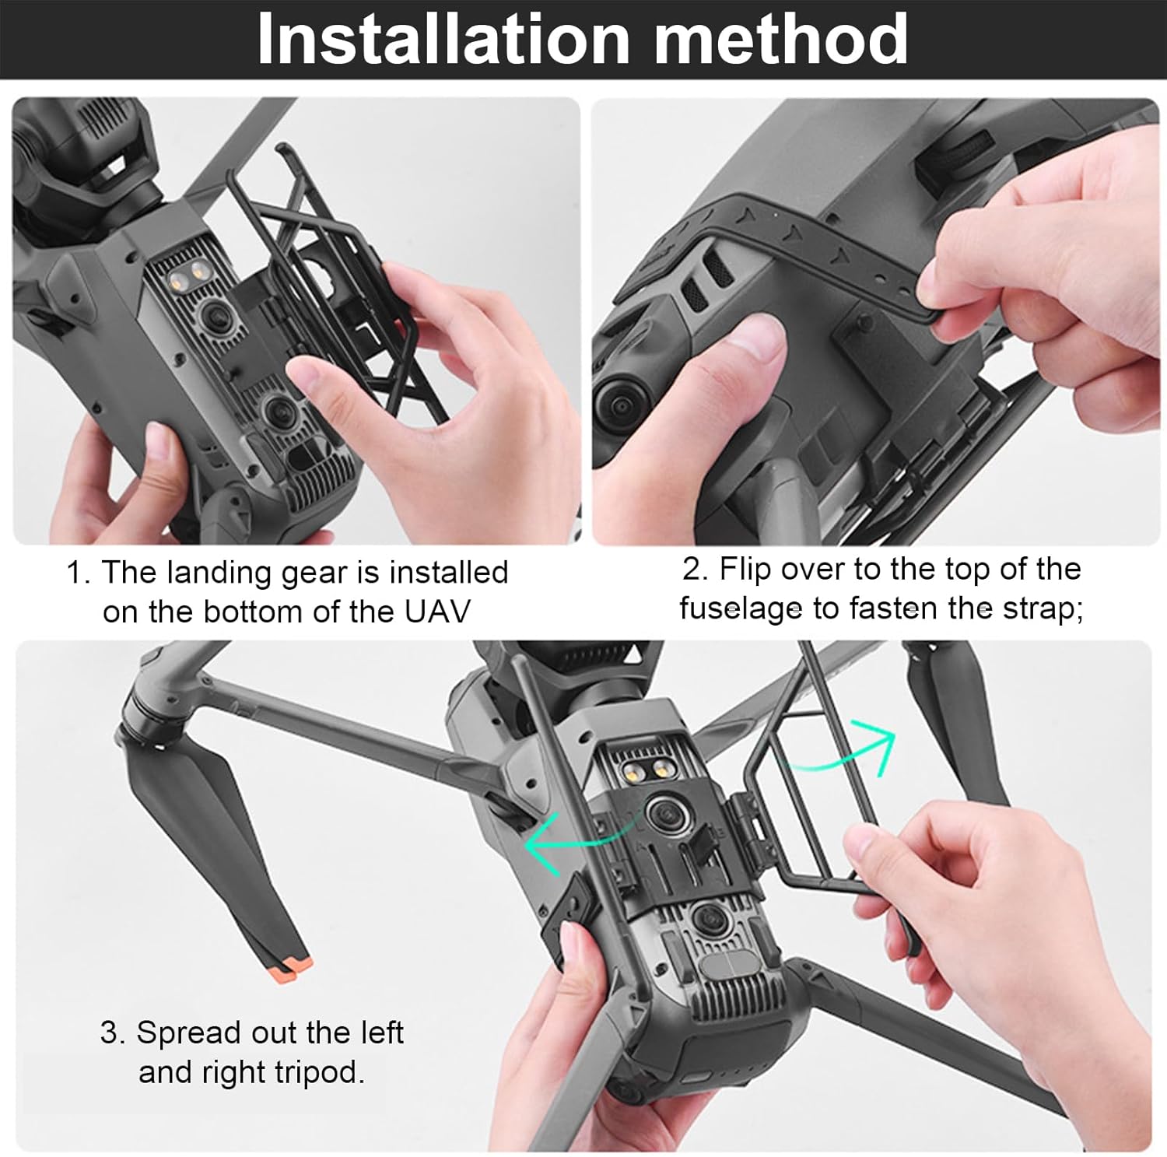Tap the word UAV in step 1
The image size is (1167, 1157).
click(x=437, y=612)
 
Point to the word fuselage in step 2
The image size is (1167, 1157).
click(x=740, y=608)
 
